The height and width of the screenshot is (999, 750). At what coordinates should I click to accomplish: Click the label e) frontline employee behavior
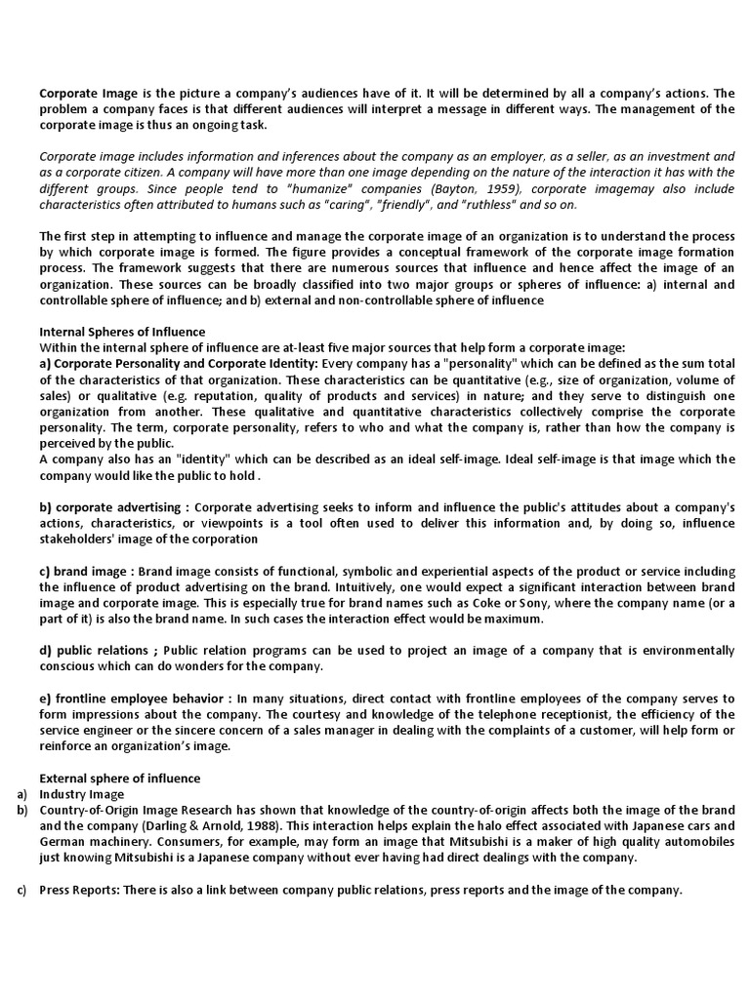[132, 698]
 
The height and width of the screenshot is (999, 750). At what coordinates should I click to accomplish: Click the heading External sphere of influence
[119, 778]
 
